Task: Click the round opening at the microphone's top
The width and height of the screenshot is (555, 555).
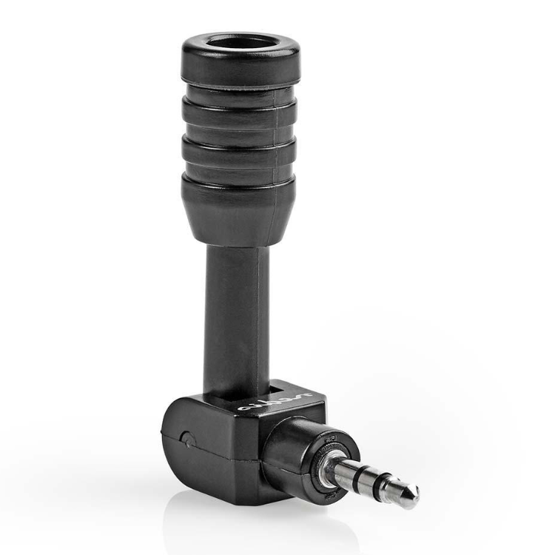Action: (240, 43)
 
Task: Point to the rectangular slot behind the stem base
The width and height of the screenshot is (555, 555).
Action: (277, 386)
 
